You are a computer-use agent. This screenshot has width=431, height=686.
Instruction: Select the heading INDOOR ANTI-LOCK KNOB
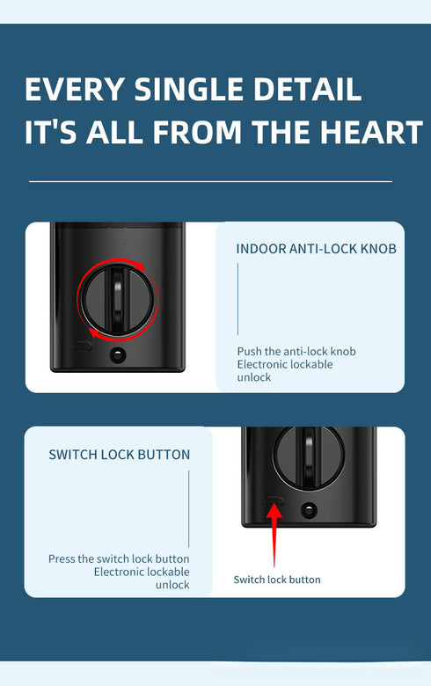316,249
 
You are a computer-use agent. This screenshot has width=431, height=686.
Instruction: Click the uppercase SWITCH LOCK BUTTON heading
119,455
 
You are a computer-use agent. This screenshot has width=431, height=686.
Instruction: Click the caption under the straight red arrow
277,580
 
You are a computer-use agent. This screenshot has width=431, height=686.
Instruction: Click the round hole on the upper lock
116,355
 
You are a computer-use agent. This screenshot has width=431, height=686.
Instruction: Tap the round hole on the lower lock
308,508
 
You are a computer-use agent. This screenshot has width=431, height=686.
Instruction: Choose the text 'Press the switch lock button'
119,559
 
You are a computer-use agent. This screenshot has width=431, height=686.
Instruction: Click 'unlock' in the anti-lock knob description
254,377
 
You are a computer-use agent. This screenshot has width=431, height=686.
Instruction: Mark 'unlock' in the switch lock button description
172,585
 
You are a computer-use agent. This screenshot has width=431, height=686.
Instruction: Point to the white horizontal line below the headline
210,181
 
